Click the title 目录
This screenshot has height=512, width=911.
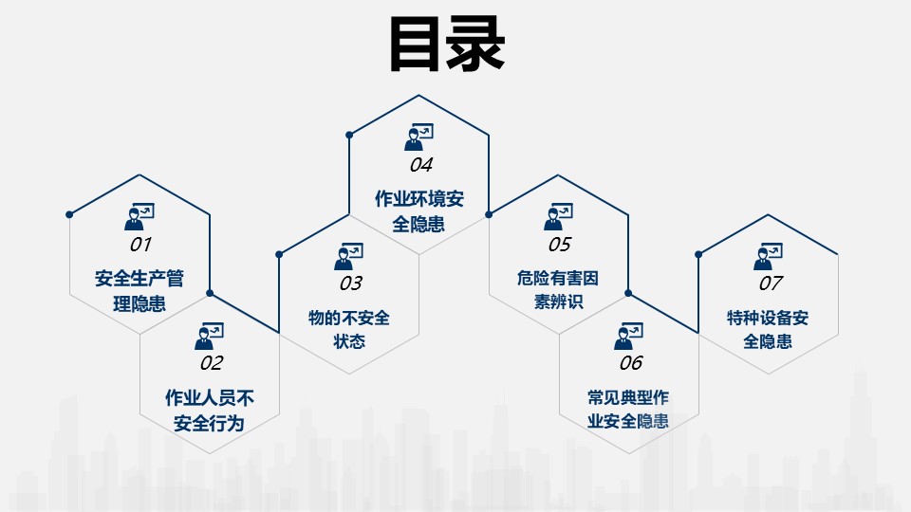(447, 44)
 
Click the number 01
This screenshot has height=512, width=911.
(140, 245)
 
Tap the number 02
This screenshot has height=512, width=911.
(211, 362)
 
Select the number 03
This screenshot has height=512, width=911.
(350, 283)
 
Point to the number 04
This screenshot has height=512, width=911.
(420, 165)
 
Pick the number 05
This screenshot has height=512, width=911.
(560, 245)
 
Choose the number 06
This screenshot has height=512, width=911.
(630, 362)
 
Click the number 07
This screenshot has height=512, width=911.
(770, 283)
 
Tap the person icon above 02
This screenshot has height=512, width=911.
(210, 335)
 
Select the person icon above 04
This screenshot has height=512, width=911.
(418, 137)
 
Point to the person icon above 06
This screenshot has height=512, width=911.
(628, 335)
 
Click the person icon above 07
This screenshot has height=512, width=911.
(768, 255)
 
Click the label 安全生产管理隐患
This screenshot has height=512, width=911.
(139, 291)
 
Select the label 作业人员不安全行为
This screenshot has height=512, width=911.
(210, 409)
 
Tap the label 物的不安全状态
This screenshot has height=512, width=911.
(349, 329)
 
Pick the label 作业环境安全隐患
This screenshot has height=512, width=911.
(419, 211)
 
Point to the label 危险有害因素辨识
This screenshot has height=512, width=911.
(559, 291)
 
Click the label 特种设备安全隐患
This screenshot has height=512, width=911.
(769, 329)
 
